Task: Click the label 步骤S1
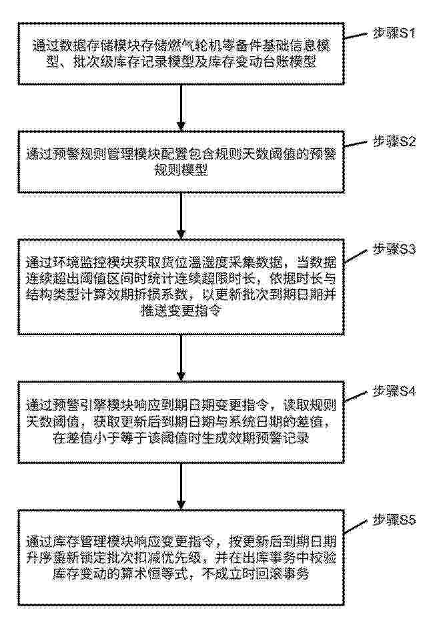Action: tap(394, 33)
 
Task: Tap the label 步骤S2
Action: tap(394, 142)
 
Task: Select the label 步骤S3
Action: tap(394, 250)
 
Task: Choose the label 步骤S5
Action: tap(394, 520)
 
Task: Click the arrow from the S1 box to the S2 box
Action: tap(181, 108)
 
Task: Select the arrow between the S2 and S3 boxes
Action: tap(181, 216)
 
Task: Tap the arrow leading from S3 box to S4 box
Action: tap(181, 358)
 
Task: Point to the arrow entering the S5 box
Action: tap(181, 487)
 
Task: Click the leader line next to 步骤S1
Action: tap(356, 37)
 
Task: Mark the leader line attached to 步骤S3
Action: tap(356, 255)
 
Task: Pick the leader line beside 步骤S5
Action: tap(356, 526)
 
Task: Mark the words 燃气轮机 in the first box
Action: tap(208, 46)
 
